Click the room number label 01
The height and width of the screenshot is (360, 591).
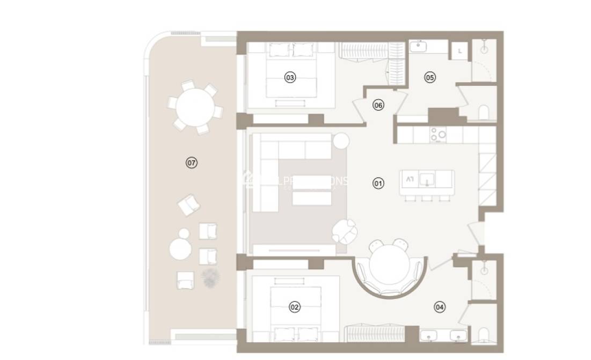coord(378,183)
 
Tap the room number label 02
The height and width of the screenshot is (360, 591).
coord(294,307)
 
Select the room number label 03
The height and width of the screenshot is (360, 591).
coord(290,78)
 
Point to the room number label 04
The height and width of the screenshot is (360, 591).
coord(440,307)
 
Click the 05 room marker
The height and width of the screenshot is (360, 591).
coord(429,77)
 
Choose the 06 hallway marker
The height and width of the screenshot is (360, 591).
coord(378,105)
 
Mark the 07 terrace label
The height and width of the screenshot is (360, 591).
coord(191,162)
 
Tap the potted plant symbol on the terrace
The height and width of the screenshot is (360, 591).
coord(210,277)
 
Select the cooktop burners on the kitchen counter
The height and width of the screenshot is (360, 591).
coord(438,135)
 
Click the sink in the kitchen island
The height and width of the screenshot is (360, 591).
coord(427,179)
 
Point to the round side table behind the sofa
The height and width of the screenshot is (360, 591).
coord(341,141)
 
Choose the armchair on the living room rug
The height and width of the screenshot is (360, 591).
coord(344,231)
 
